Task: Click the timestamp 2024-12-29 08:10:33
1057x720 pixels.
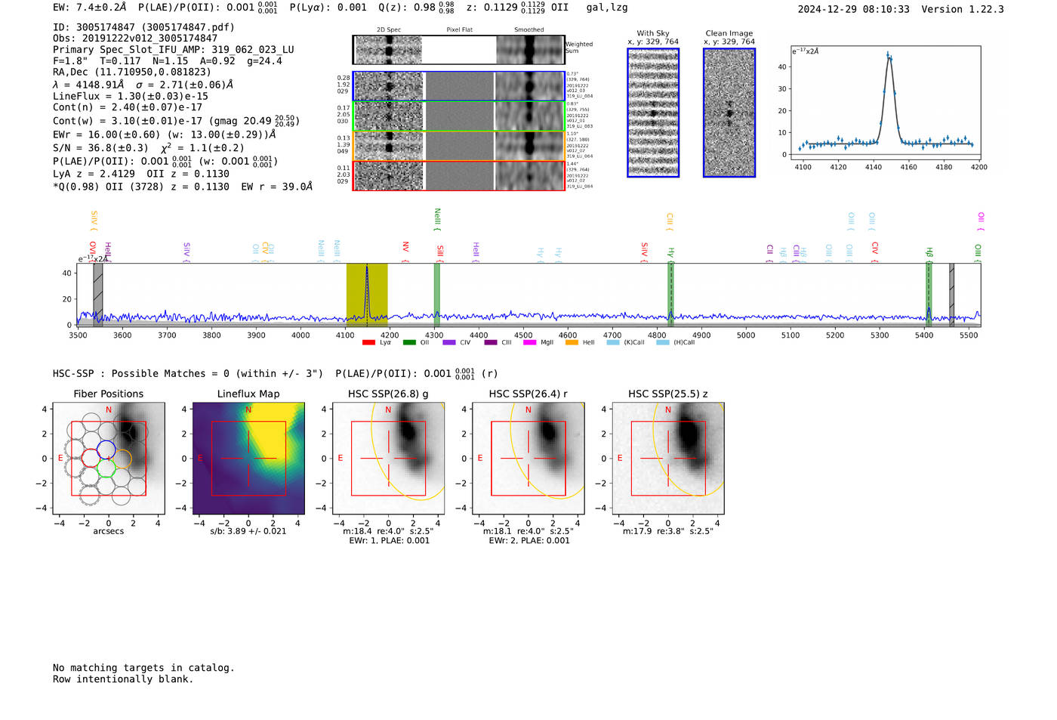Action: [x=853, y=9]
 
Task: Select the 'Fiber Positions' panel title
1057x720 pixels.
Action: [x=108, y=394]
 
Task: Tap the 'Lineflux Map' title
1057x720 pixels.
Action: [x=248, y=394]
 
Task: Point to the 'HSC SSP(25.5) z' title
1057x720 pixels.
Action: [x=667, y=394]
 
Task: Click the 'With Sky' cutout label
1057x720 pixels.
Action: [x=652, y=33]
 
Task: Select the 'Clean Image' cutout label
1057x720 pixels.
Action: [x=729, y=33]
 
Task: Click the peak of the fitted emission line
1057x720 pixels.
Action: [x=889, y=55]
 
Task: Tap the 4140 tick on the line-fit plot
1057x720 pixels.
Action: [x=874, y=167]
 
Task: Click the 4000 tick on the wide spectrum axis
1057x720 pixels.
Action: [x=300, y=335]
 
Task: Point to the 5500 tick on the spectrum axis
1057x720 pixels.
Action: [x=969, y=335]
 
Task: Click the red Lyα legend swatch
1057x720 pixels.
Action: [x=368, y=342]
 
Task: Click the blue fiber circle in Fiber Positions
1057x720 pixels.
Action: [x=106, y=450]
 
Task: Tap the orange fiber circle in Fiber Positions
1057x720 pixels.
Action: [x=122, y=459]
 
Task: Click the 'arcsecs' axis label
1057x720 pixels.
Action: [x=108, y=531]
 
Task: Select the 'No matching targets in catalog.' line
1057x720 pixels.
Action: [x=143, y=668]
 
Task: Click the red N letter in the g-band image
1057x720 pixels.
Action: [x=388, y=410]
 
